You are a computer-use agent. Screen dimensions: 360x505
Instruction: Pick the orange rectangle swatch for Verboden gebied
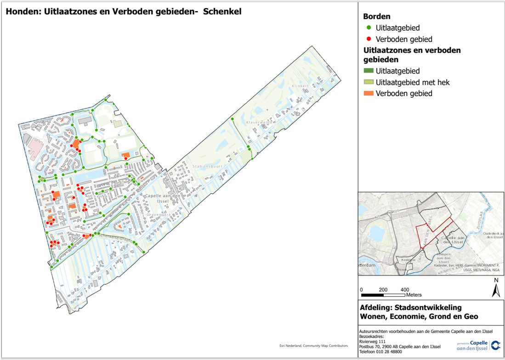(x=368, y=94)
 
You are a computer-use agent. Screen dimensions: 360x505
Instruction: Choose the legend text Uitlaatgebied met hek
(x=412, y=82)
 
